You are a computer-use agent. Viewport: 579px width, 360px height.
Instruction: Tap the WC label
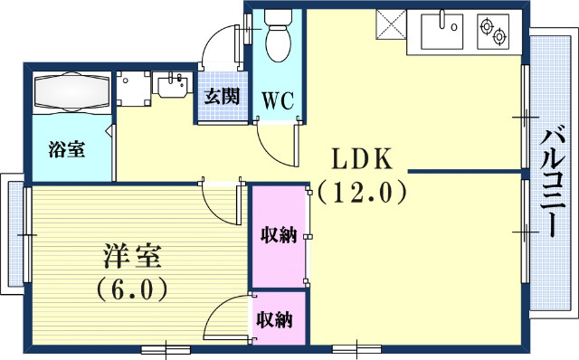click(x=278, y=99)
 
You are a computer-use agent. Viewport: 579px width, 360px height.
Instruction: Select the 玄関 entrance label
click(x=222, y=96)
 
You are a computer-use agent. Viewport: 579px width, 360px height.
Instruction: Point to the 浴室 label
click(x=68, y=149)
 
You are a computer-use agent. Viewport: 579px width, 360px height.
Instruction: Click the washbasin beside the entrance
click(x=172, y=86)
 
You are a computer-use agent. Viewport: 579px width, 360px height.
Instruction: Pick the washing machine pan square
click(x=135, y=87)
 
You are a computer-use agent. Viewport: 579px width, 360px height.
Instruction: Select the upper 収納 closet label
click(x=280, y=236)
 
